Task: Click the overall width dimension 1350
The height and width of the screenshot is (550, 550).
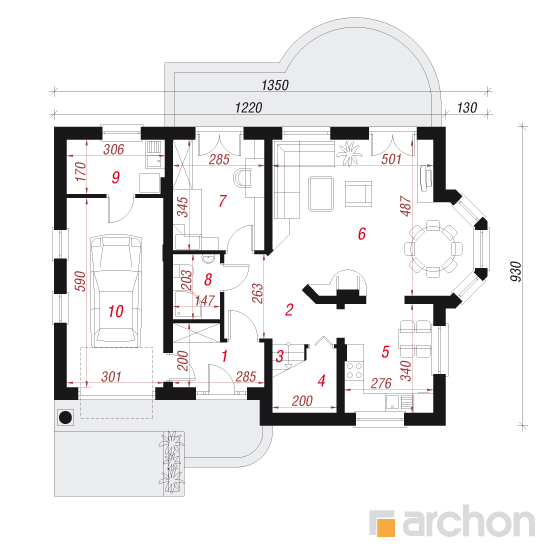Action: (275, 85)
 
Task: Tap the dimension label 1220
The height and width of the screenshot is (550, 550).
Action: (248, 108)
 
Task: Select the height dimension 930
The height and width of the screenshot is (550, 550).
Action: (516, 271)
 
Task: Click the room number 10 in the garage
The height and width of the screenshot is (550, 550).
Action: (116, 311)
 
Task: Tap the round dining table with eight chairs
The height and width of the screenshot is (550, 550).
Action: (433, 249)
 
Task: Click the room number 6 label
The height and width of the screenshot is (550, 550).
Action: (362, 234)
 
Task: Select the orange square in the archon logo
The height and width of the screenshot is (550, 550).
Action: (386, 527)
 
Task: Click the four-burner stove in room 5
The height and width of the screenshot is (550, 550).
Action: (354, 371)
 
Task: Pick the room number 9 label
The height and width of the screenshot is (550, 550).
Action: (116, 177)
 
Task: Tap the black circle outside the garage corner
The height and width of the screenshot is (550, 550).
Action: (66, 417)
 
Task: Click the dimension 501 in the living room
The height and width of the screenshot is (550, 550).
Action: (391, 159)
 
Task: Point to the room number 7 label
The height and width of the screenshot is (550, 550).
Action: (222, 201)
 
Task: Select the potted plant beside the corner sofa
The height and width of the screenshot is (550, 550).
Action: (349, 154)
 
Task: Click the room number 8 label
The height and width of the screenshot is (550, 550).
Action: (208, 280)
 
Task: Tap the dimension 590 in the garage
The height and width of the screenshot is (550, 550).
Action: (80, 281)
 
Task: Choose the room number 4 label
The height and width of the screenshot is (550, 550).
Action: (321, 381)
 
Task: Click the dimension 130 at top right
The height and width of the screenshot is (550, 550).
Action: (467, 108)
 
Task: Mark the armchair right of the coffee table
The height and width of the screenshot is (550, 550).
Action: (358, 193)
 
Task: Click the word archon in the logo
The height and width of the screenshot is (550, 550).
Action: (469, 522)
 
